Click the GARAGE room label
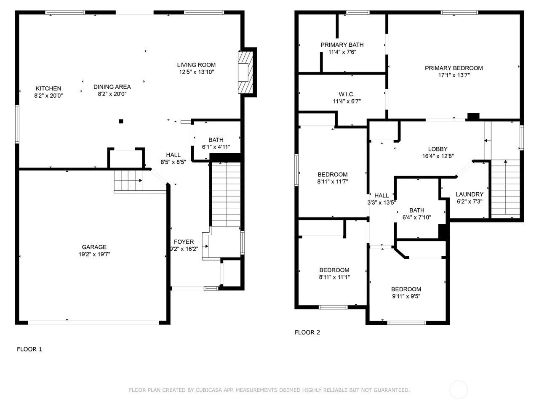coord(94,247)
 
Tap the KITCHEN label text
coord(48,88)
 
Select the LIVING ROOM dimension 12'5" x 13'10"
coord(197,72)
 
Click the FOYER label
coord(184,242)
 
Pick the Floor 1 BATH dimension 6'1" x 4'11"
coord(216,147)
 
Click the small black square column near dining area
coord(121,121)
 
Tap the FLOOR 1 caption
coord(29,349)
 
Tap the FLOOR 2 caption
coord(307,332)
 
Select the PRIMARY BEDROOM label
coord(454,68)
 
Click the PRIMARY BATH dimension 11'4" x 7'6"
coord(342,52)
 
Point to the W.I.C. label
coord(347,94)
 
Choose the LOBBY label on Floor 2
coord(438,149)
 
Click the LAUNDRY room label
coord(470,194)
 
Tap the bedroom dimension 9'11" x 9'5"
coord(406,296)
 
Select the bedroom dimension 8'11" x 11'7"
coord(333,181)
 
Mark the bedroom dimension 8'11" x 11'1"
coord(334,277)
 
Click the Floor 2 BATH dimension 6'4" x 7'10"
coord(417,217)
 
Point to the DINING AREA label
coord(112,87)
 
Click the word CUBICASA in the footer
coord(208,390)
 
